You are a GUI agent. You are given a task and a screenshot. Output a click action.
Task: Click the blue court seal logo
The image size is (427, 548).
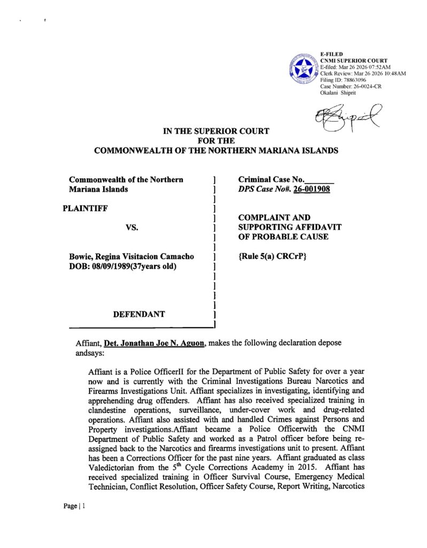(303, 70)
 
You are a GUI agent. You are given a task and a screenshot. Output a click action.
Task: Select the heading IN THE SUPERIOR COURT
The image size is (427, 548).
(216, 131)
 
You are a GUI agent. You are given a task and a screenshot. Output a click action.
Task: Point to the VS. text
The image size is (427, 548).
(132, 227)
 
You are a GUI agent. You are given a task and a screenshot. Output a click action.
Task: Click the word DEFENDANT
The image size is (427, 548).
(139, 314)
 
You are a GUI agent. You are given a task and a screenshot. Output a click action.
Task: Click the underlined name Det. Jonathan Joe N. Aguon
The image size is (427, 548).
(154, 342)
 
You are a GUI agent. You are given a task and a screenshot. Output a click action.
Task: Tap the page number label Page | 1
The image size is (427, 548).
(71, 506)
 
